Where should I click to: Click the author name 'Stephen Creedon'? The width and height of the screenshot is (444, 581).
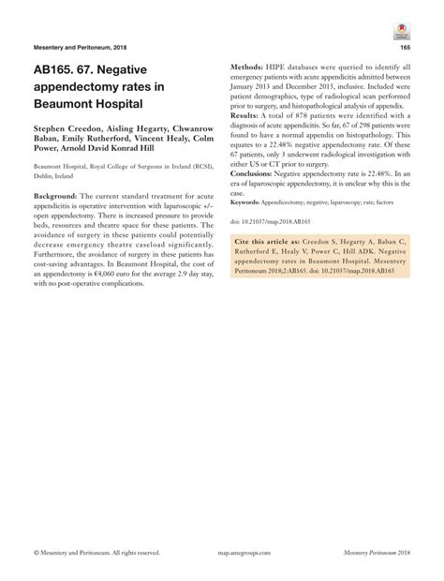click(x=69, y=127)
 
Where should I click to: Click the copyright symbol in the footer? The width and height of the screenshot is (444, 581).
click(x=35, y=555)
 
